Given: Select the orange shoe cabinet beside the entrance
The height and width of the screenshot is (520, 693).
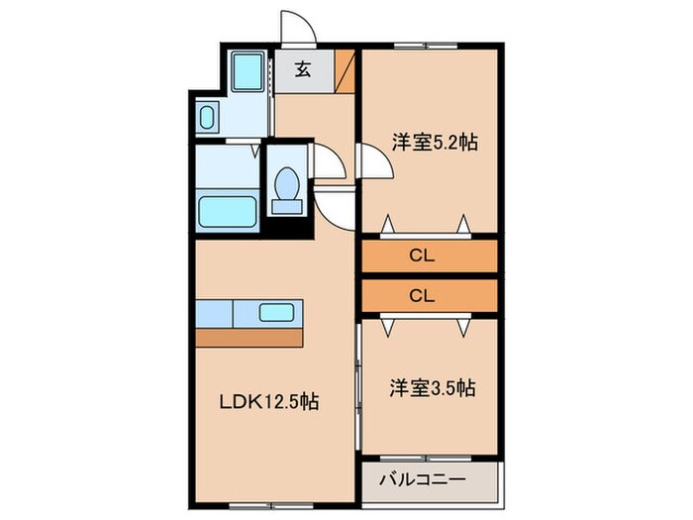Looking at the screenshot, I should [345, 70].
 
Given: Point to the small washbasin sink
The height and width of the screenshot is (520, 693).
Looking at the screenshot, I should [207, 118].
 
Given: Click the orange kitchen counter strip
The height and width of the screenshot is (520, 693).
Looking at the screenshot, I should [248, 337].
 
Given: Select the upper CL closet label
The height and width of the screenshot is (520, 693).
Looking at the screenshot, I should [423, 256].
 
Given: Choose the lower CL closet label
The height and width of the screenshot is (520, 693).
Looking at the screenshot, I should [423, 295].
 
